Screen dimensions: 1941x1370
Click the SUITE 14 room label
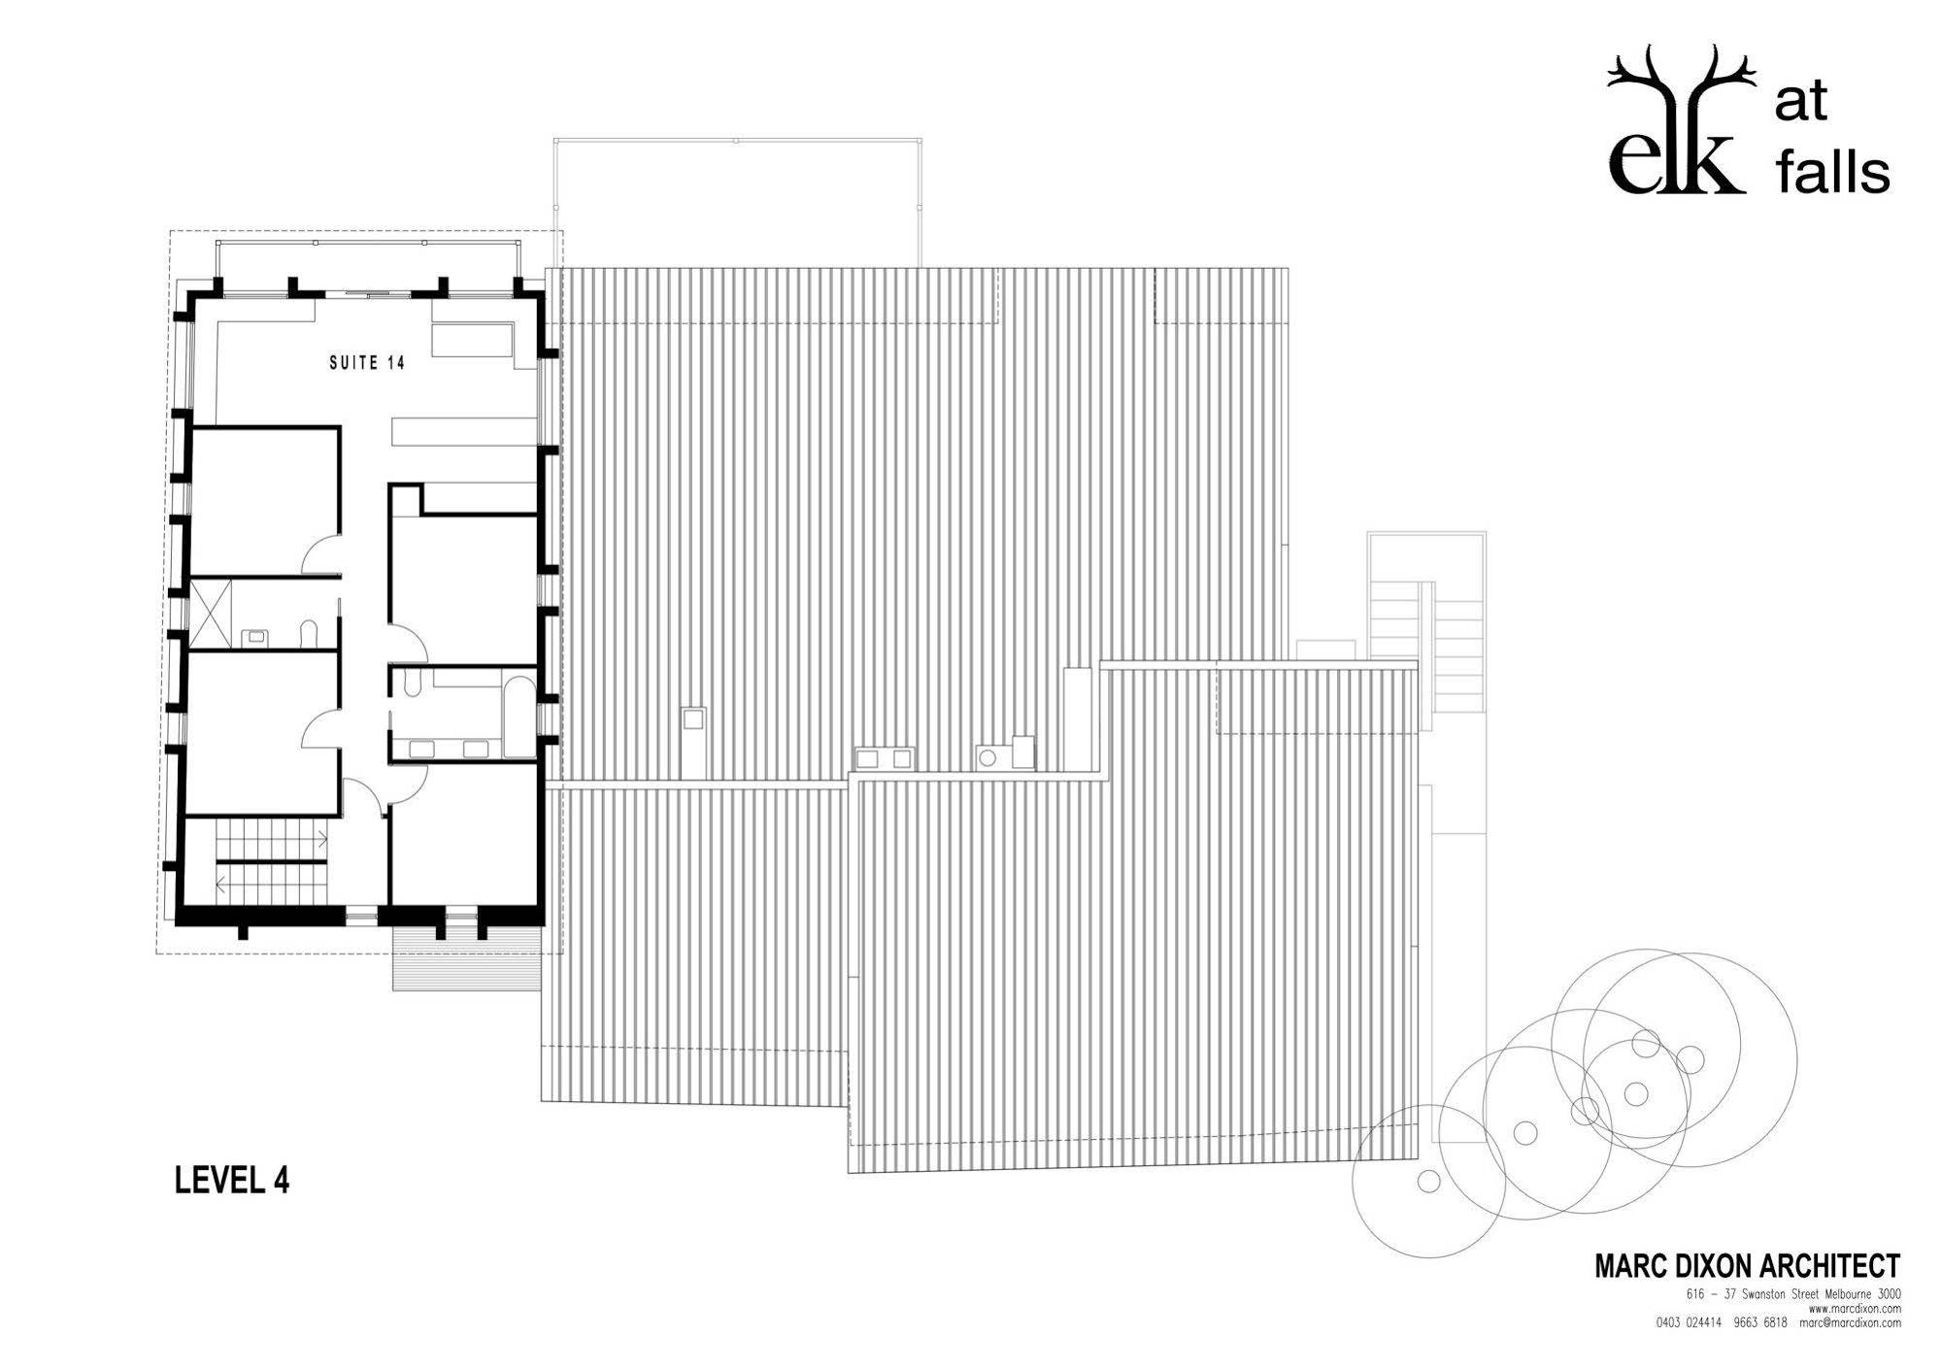tap(367, 363)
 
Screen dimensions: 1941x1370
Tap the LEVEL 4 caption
tap(232, 1180)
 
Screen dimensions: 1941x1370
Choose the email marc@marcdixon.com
tap(1850, 1322)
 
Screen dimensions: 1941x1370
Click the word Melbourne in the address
tap(1843, 1294)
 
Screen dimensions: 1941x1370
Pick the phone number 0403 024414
tap(1690, 1322)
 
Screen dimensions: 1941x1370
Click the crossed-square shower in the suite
tap(211, 614)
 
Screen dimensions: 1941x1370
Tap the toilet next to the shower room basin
tap(309, 634)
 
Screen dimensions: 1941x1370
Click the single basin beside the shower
tap(256, 637)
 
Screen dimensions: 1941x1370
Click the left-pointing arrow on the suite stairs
tap(223, 884)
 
